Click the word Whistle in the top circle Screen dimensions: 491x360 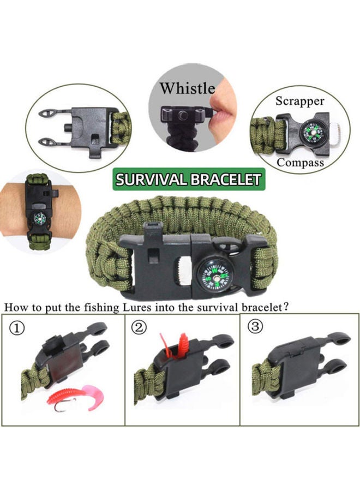coord(187,88)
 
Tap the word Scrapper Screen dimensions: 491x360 coord(299,101)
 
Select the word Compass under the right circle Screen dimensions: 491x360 coord(300,162)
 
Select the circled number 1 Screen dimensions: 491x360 coord(19,328)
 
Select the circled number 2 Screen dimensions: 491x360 coord(140,328)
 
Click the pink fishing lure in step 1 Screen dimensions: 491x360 coord(77,395)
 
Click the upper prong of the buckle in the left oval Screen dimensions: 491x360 coord(50,113)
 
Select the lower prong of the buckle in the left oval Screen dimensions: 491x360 coord(50,141)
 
